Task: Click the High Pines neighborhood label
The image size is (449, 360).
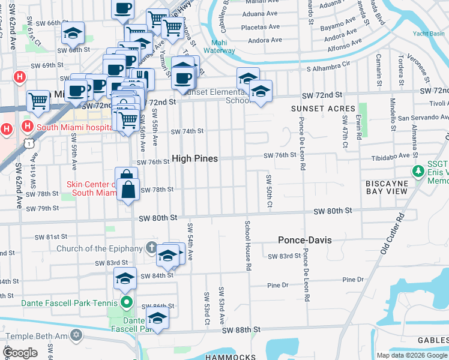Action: tap(194, 158)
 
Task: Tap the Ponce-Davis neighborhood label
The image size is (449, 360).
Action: tap(305, 240)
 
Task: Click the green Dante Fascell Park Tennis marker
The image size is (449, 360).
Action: tap(126, 301)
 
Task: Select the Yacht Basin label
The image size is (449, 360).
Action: tap(429, 34)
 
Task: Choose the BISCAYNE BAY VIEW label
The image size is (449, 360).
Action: tap(387, 187)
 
